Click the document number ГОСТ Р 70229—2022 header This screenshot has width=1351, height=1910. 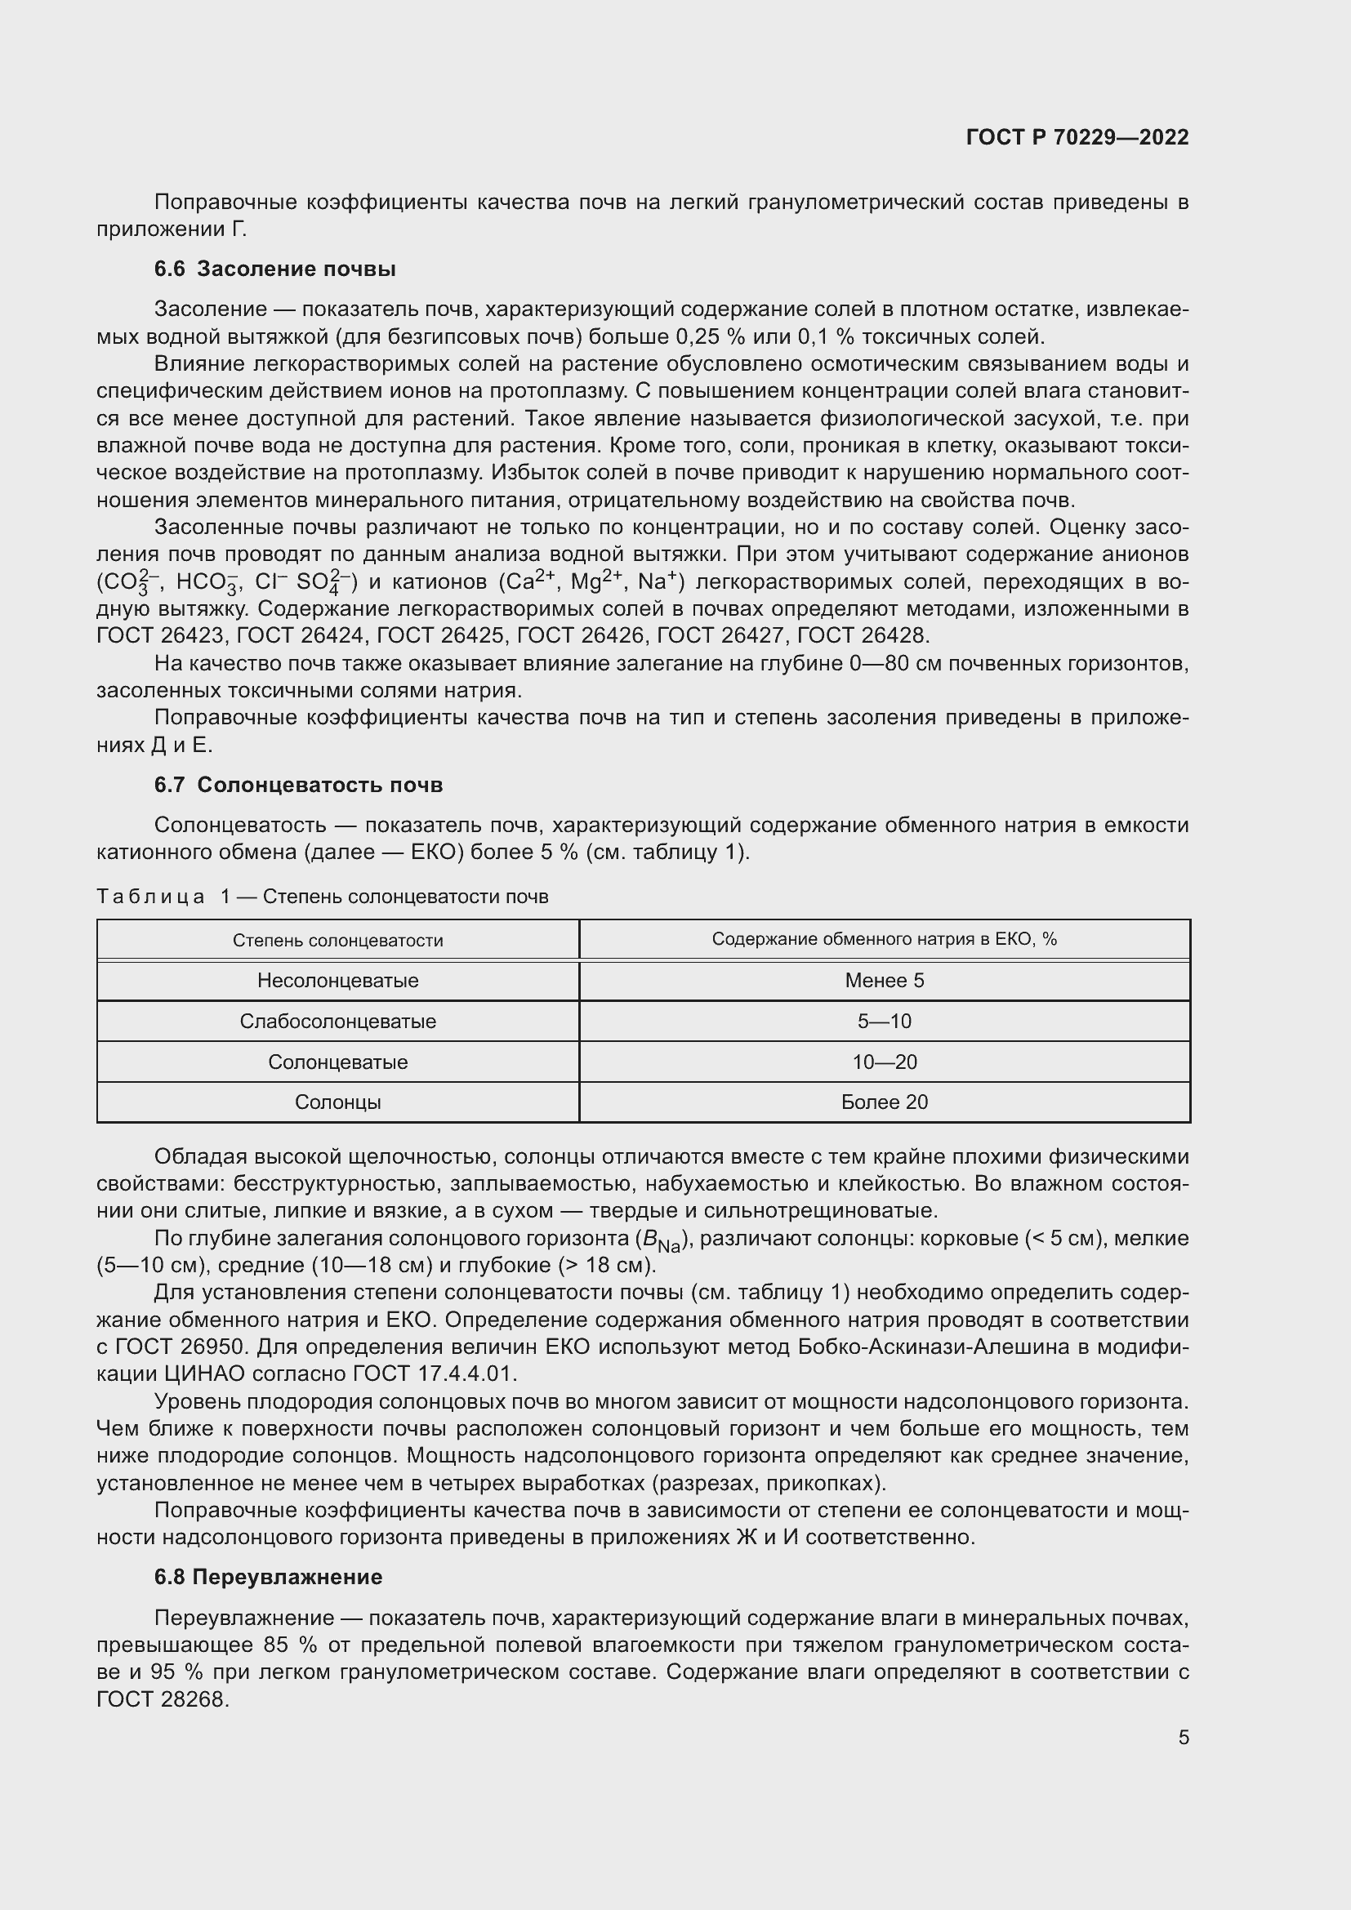pyautogui.click(x=1077, y=137)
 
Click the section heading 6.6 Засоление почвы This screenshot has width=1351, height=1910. pyautogui.click(x=274, y=269)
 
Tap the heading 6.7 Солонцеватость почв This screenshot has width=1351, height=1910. pyautogui.click(x=299, y=785)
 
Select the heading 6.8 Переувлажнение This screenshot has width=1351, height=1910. pyautogui.click(x=268, y=1576)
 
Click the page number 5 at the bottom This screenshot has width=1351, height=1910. pyautogui.click(x=1183, y=1737)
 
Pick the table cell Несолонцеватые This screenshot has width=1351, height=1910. pyautogui.click(x=338, y=980)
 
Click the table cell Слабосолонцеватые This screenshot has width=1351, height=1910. pyautogui.click(x=338, y=1021)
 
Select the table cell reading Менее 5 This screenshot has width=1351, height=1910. pyautogui.click(x=885, y=980)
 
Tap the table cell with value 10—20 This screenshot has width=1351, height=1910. pyautogui.click(x=885, y=1062)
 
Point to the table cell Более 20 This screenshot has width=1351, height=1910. pyautogui.click(x=885, y=1102)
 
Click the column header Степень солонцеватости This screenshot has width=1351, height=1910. pyautogui.click(x=338, y=940)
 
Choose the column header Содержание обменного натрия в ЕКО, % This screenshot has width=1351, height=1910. pyautogui.click(x=885, y=939)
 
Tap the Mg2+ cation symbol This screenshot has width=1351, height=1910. pyautogui.click(x=595, y=580)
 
